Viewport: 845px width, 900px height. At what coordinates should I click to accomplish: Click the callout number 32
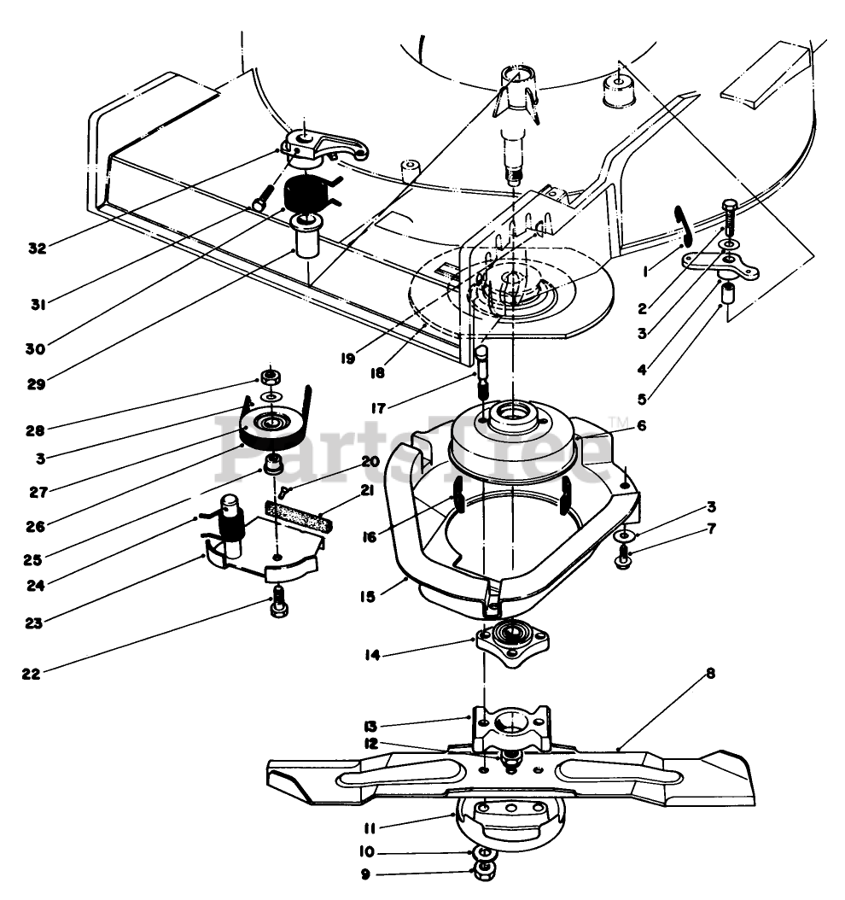point(38,248)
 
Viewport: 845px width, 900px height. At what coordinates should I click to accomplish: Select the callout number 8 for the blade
point(711,673)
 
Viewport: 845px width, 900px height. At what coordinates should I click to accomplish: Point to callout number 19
point(347,358)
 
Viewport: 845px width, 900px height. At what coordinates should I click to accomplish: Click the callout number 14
point(373,654)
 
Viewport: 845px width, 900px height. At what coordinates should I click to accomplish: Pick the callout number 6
point(641,425)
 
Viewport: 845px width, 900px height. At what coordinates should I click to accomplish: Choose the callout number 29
point(36,384)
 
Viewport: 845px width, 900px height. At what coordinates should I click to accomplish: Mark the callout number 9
point(365,874)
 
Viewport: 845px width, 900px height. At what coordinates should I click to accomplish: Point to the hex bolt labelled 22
point(278,602)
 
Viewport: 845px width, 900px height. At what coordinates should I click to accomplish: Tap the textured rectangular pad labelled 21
point(298,514)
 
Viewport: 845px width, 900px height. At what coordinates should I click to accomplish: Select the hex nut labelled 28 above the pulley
point(270,377)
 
